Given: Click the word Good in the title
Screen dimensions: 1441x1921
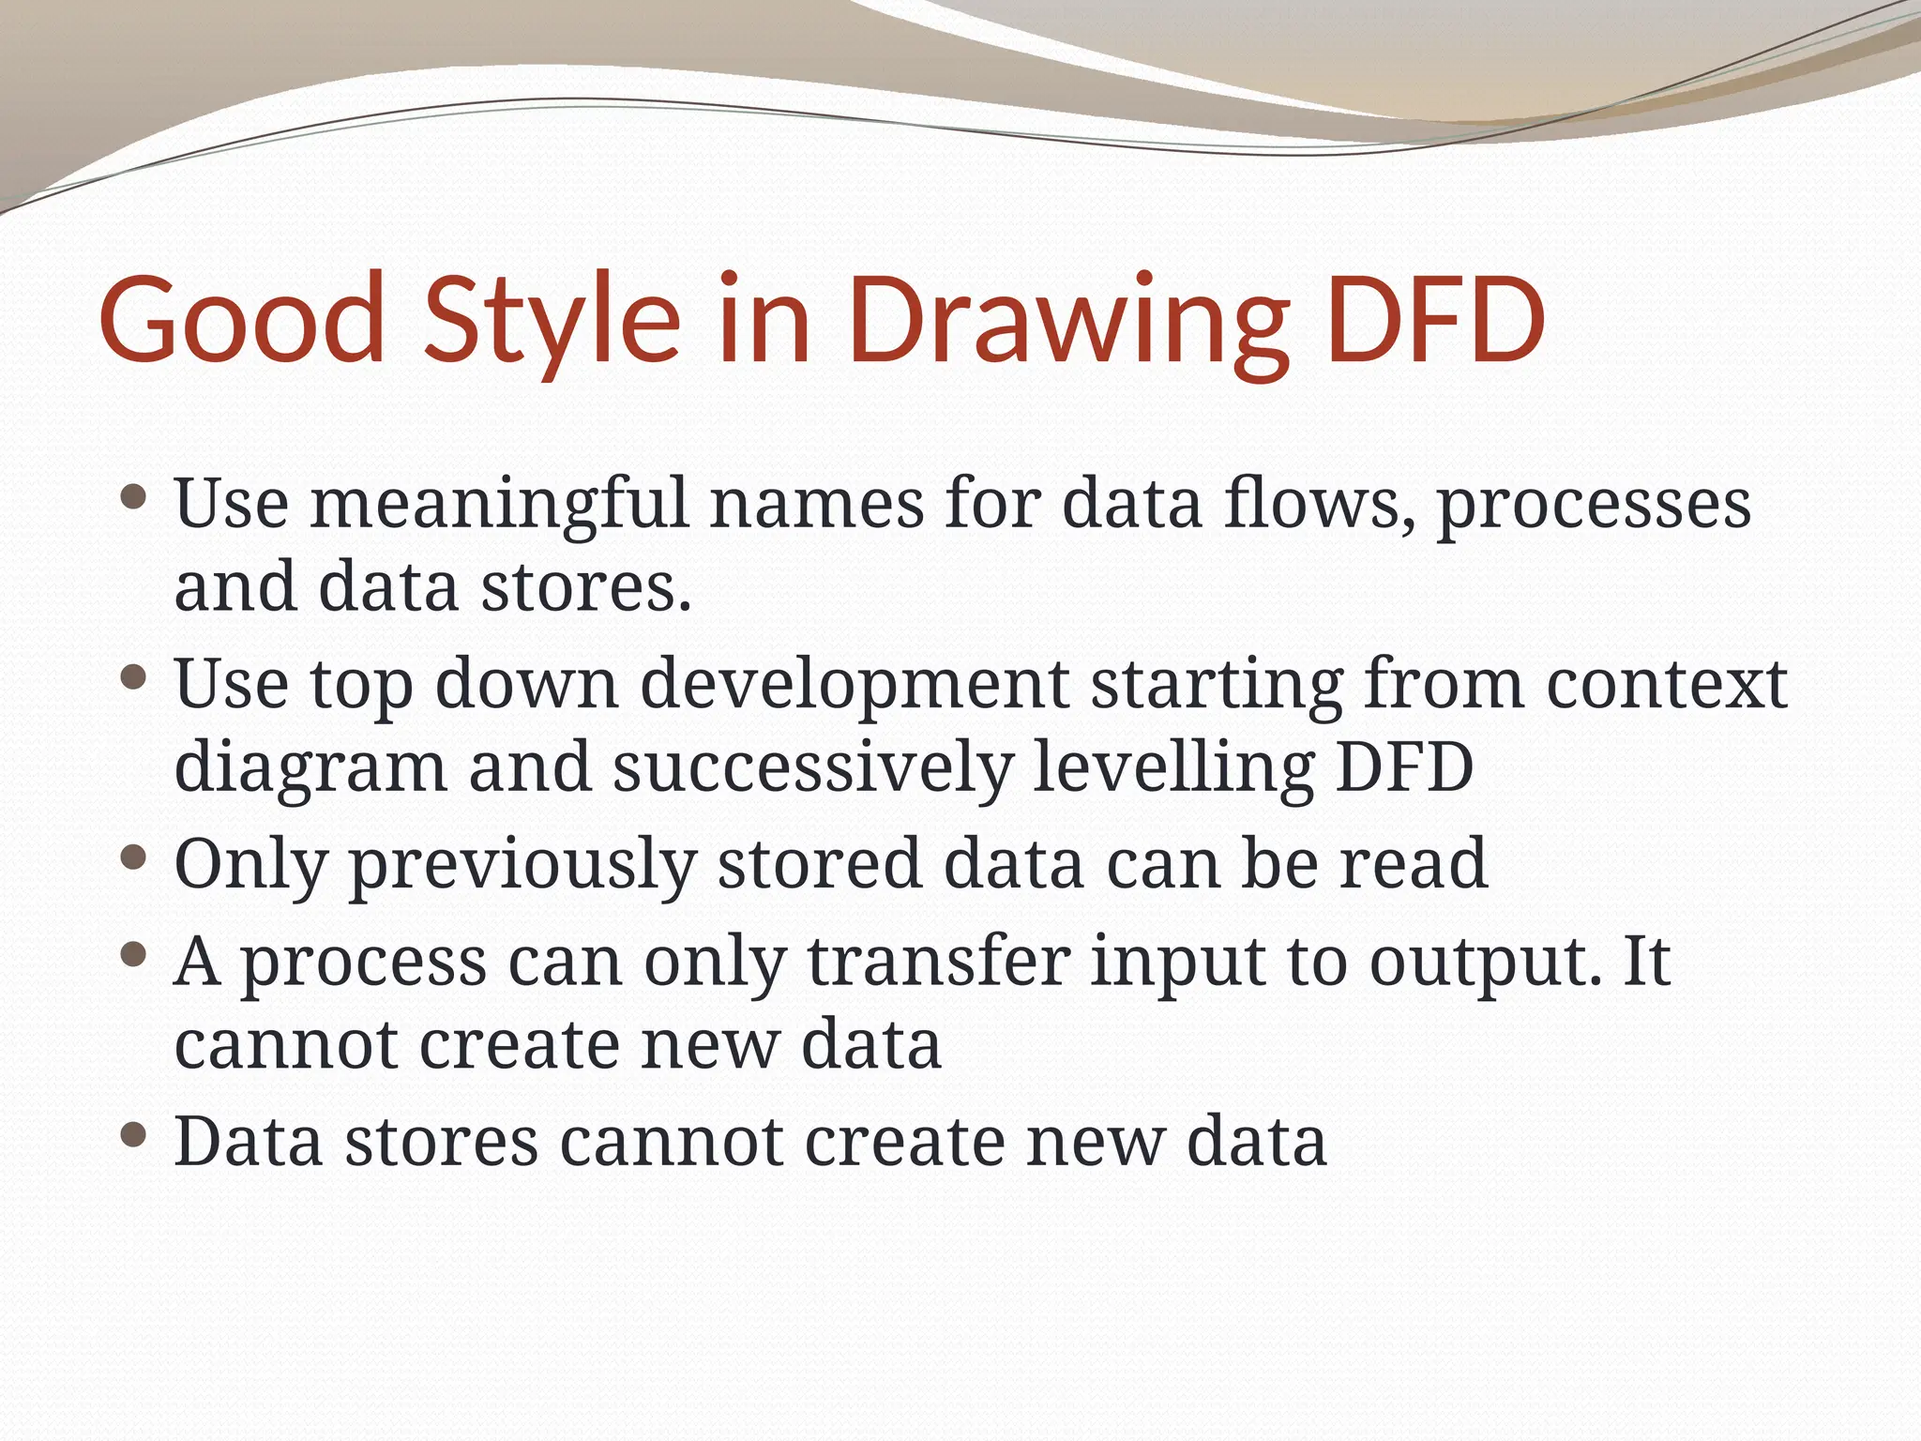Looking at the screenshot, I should pyautogui.click(x=242, y=319).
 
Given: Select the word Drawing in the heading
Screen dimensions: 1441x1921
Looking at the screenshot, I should pyautogui.click(x=1068, y=319).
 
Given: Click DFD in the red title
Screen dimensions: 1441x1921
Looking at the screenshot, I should pyautogui.click(x=1435, y=319).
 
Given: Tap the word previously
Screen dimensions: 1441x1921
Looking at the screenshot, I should pyautogui.click(x=522, y=865).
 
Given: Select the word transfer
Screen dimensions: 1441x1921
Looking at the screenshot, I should pyautogui.click(x=938, y=962).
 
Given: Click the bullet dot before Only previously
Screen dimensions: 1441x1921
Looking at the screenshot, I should pyautogui.click(x=135, y=857).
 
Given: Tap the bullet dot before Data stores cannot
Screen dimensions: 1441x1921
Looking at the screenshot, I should pyautogui.click(x=135, y=1136).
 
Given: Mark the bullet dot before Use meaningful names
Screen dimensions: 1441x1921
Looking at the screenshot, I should pyautogui.click(x=135, y=496).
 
